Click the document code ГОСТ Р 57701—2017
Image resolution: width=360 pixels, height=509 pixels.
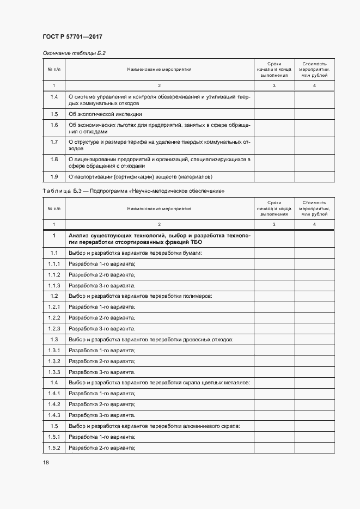click(72, 36)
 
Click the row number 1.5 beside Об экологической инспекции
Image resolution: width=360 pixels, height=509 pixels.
click(54, 114)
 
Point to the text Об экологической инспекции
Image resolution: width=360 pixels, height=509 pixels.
click(105, 114)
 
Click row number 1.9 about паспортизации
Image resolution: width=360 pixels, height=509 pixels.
click(54, 176)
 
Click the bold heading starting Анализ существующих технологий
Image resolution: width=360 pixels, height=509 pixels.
click(159, 238)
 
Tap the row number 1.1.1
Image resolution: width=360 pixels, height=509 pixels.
click(54, 263)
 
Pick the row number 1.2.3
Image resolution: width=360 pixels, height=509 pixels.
click(54, 328)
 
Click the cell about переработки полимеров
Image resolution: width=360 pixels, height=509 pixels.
click(140, 296)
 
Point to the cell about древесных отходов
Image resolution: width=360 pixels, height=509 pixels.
click(151, 339)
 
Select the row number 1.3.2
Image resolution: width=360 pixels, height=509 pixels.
click(54, 361)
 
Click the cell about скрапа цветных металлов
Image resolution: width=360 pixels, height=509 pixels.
click(159, 383)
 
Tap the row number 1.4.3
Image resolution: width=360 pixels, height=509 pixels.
click(54, 415)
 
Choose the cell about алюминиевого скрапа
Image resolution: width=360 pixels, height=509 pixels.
click(155, 426)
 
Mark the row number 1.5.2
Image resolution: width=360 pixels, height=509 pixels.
click(54, 447)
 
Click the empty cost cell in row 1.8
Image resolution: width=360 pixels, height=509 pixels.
click(315, 162)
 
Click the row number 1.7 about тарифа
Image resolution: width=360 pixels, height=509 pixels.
click(54, 142)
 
